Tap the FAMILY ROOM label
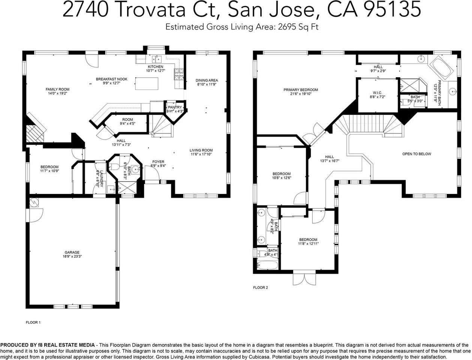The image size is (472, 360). pyautogui.click(x=57, y=89)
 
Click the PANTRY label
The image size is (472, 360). pyautogui.click(x=175, y=107)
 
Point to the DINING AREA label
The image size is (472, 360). pyautogui.click(x=207, y=80)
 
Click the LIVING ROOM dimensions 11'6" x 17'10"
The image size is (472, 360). pyautogui.click(x=201, y=154)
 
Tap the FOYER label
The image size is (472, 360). pyautogui.click(x=158, y=162)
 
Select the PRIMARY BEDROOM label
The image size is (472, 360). pyautogui.click(x=301, y=90)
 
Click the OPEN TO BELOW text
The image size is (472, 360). pyautogui.click(x=417, y=154)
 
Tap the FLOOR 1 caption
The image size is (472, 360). pyautogui.click(x=33, y=322)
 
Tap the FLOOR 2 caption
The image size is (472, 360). pyautogui.click(x=261, y=288)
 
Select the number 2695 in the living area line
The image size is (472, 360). pyautogui.click(x=285, y=27)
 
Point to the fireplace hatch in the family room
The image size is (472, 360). pyautogui.click(x=34, y=133)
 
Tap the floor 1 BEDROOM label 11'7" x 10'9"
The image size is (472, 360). pyautogui.click(x=49, y=167)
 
